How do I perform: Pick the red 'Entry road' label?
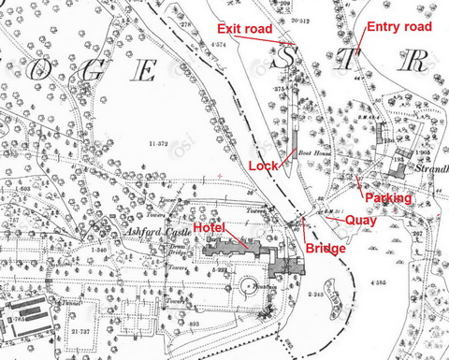pyautogui.click(x=399, y=27)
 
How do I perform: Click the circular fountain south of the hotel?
pyautogui.click(x=250, y=284)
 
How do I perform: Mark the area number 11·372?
pyautogui.click(x=159, y=144)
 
